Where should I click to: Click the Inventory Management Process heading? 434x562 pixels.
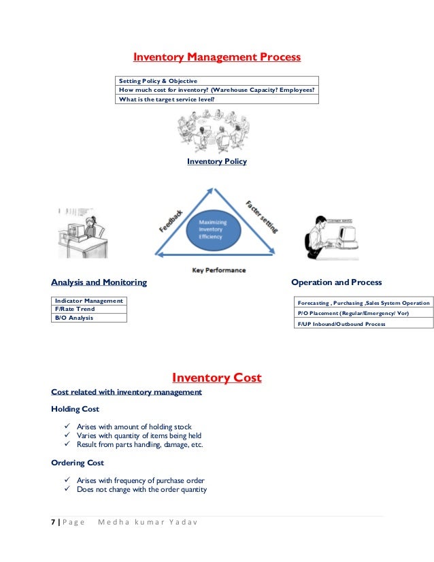coord(216,57)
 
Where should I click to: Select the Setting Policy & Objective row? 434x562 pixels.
coord(158,81)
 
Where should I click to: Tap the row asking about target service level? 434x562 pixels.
coord(167,99)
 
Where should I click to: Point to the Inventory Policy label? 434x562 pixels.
coord(216,162)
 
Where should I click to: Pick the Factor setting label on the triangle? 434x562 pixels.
coord(261,216)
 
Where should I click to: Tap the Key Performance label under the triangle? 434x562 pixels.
coord(218,270)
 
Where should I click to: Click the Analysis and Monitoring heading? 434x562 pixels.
coord(99,282)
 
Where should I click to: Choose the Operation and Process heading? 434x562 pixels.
coord(336,282)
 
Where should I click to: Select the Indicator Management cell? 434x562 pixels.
coord(89,301)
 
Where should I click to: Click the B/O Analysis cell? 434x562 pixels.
coord(74,318)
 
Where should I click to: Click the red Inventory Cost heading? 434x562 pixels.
coord(216,378)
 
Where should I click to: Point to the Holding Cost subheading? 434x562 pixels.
coord(75,409)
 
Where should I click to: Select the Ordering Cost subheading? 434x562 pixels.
coord(78,463)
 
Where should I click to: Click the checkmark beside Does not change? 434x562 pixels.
coord(67,490)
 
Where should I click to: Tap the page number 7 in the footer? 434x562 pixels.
coord(53,523)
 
